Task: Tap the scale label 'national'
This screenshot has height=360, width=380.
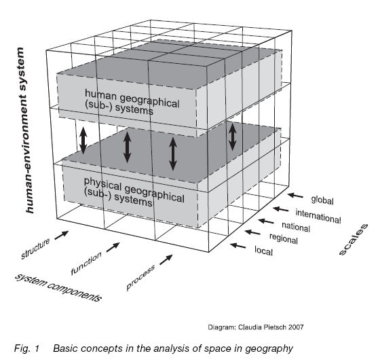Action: [x=297, y=226]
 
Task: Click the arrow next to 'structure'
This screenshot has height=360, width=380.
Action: [x=62, y=236]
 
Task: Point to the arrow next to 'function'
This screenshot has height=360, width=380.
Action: [x=113, y=248]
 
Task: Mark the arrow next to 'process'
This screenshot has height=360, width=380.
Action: [x=166, y=260]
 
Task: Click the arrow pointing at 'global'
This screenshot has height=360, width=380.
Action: [x=296, y=195]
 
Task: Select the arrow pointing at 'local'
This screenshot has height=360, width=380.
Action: [x=237, y=245]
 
